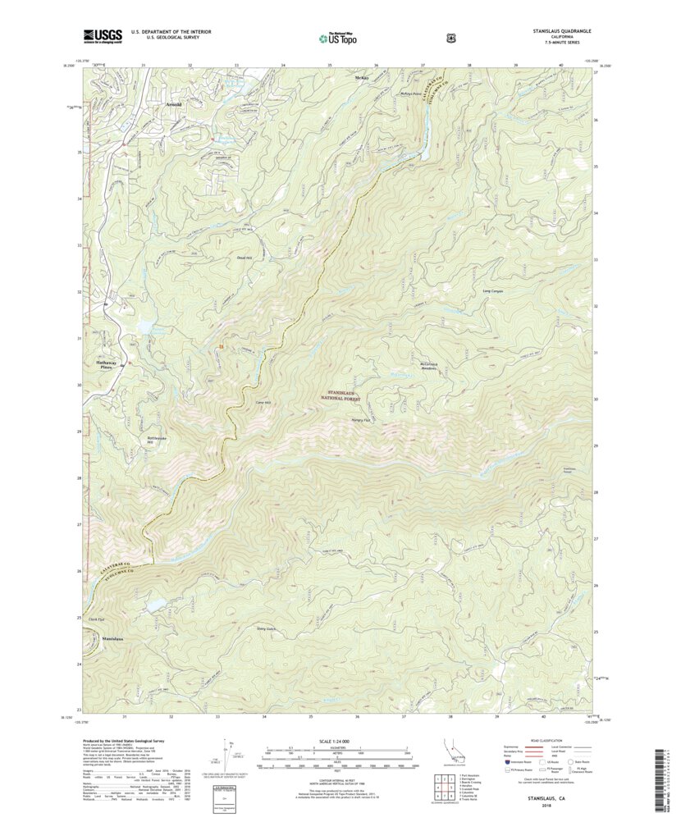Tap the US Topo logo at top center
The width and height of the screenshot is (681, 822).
(x=337, y=37)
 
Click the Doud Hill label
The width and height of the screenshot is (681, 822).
(x=245, y=257)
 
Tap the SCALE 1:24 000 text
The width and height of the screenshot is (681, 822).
(x=340, y=742)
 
